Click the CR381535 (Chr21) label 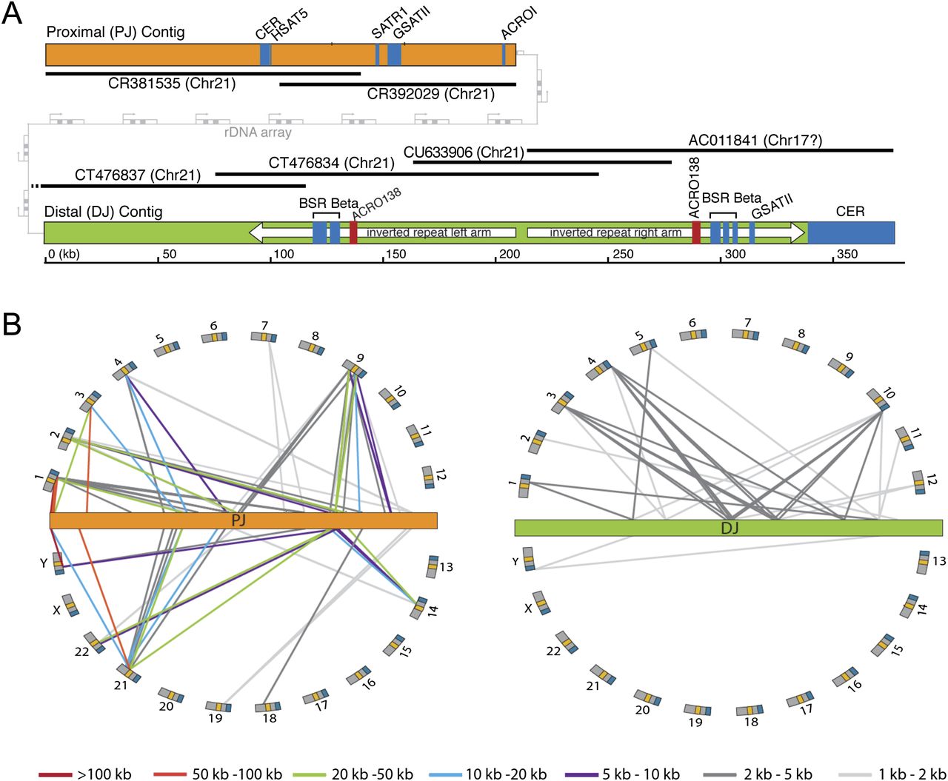pyautogui.click(x=172, y=84)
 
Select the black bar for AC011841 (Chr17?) pyautogui.click(x=710, y=150)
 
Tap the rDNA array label pyautogui.click(x=258, y=133)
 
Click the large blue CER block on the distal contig pyautogui.click(x=851, y=232)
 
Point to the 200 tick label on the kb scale pyautogui.click(x=510, y=254)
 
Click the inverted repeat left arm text pyautogui.click(x=429, y=232)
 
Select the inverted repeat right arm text pyautogui.click(x=615, y=232)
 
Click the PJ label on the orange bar pyautogui.click(x=238, y=520)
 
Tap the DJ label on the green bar pyautogui.click(x=730, y=527)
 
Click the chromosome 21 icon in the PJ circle pyautogui.click(x=129, y=673)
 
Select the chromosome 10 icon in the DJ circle pyautogui.click(x=878, y=400)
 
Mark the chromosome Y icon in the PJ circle pyautogui.click(x=58, y=563)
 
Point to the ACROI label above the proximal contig pyautogui.click(x=518, y=24)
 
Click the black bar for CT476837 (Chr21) pyautogui.click(x=173, y=186)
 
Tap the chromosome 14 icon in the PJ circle pyautogui.click(x=418, y=608)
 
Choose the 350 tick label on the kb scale pyautogui.click(x=847, y=254)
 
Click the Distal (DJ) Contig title pyautogui.click(x=104, y=212)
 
